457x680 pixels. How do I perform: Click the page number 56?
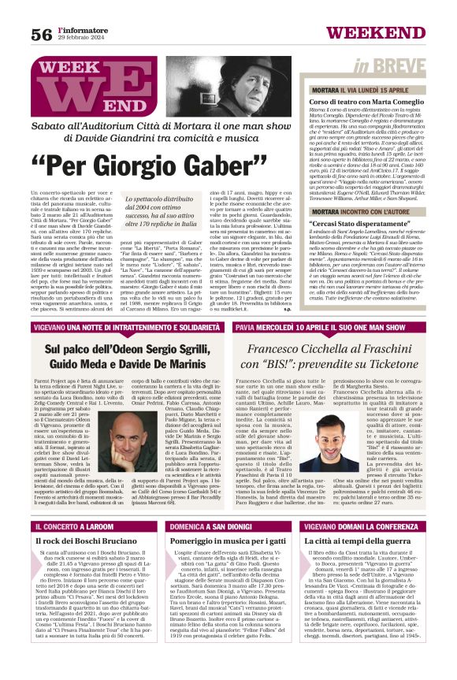(41, 34)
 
